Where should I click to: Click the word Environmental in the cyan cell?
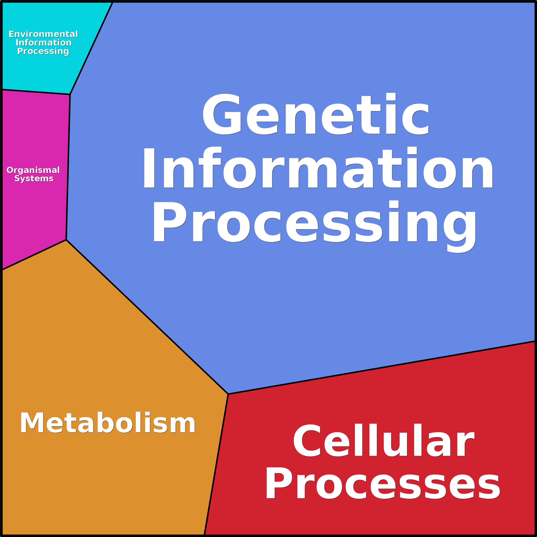[x=43, y=34]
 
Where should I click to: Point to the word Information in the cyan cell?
[x=44, y=43]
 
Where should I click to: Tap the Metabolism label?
[x=108, y=423]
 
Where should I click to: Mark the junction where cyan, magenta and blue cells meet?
[x=70, y=94]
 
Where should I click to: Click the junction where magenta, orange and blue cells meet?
[x=66, y=240]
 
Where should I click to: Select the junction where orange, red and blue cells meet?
[x=228, y=394]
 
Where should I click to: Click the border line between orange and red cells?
[x=216, y=464]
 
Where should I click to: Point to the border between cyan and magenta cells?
[x=36, y=92]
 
